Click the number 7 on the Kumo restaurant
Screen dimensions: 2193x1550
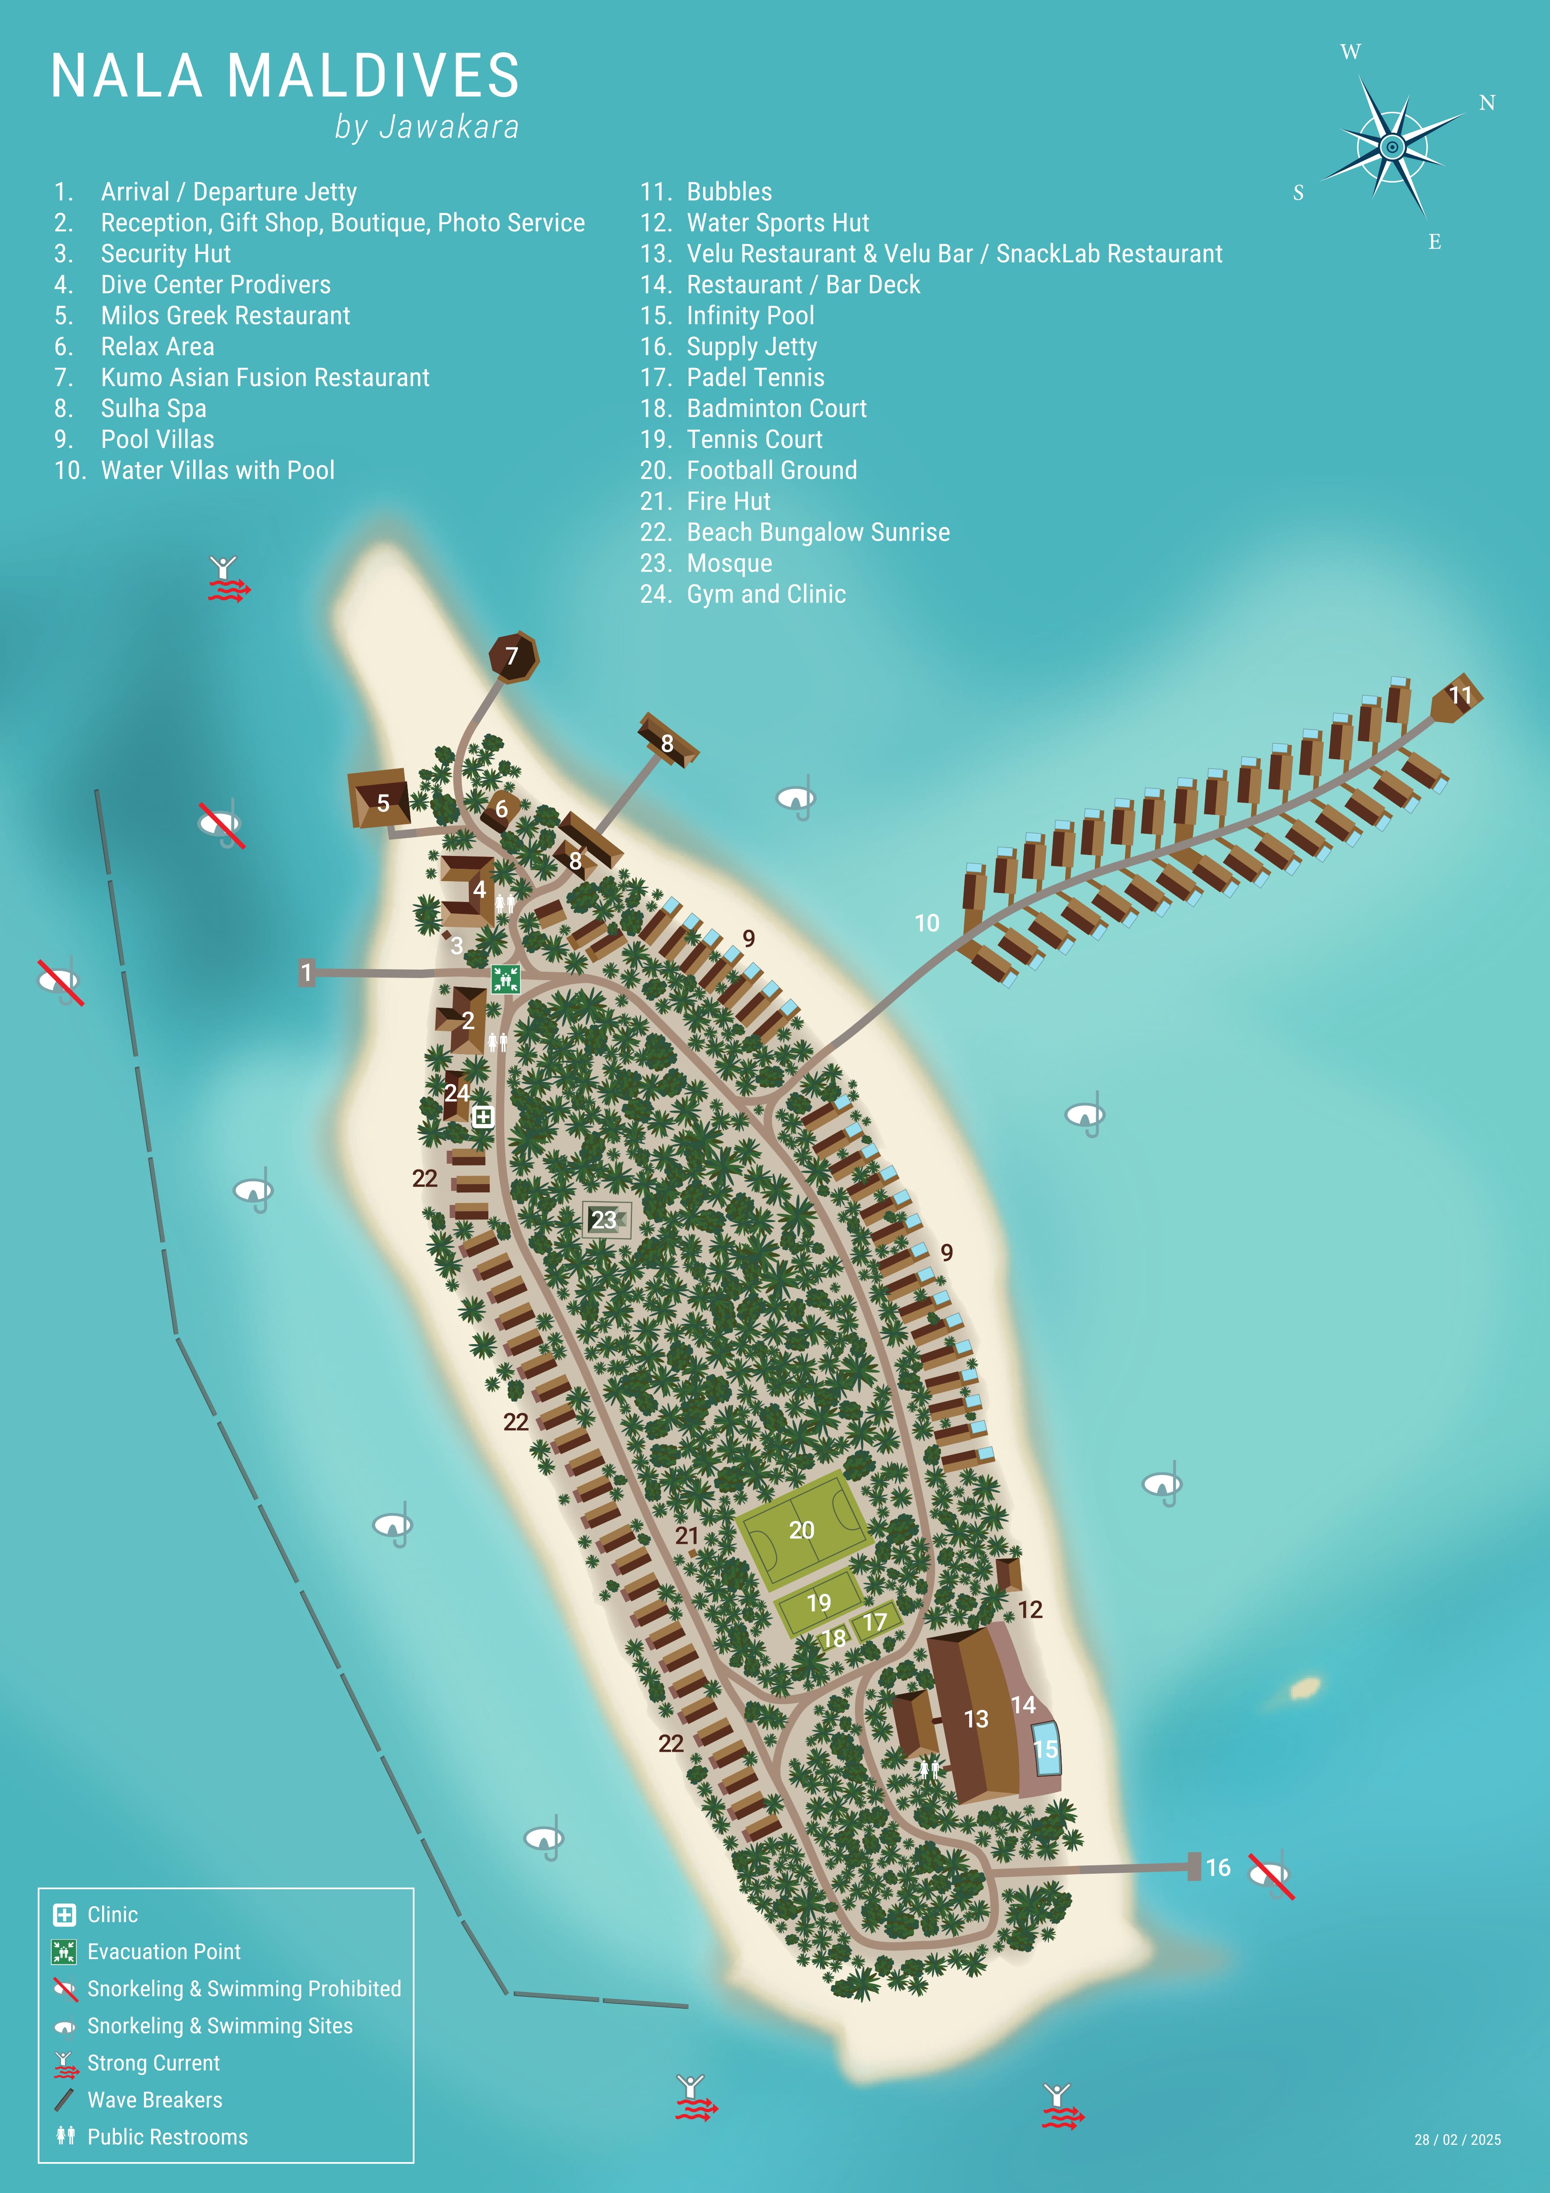click(x=512, y=656)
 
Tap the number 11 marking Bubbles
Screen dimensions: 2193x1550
click(x=1460, y=695)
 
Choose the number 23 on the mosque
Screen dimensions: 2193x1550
click(x=604, y=1220)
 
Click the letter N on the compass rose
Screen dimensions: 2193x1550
click(x=1487, y=103)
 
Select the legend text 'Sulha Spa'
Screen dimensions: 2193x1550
click(x=154, y=409)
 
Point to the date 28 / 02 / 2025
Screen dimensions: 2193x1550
click(x=1457, y=2140)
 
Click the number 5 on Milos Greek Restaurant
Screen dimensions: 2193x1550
click(x=383, y=803)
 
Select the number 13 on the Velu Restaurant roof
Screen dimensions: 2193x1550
click(x=975, y=1719)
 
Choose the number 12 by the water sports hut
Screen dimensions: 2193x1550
click(x=1029, y=1609)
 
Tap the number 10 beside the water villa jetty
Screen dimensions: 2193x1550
click(x=926, y=923)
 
